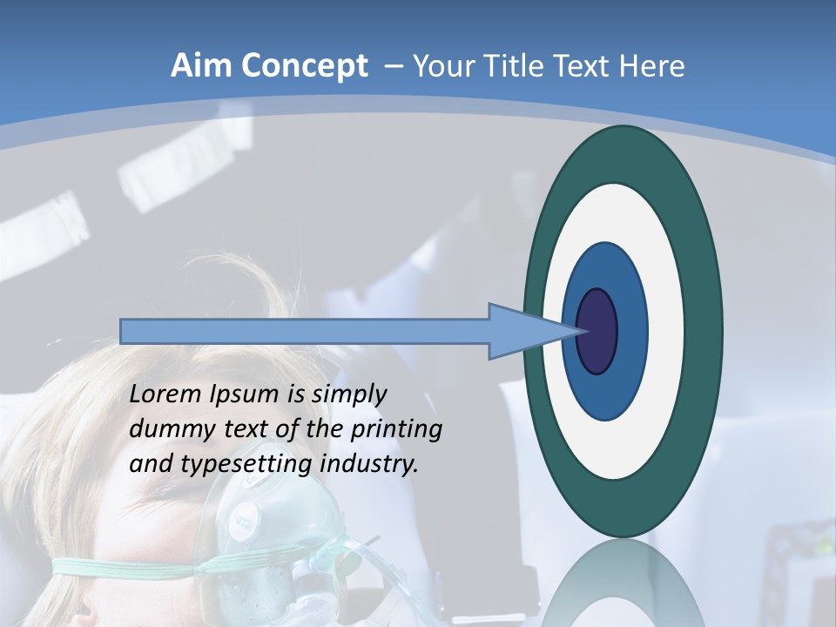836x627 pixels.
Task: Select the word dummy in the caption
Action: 165,429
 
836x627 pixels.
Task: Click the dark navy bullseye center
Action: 597,331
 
